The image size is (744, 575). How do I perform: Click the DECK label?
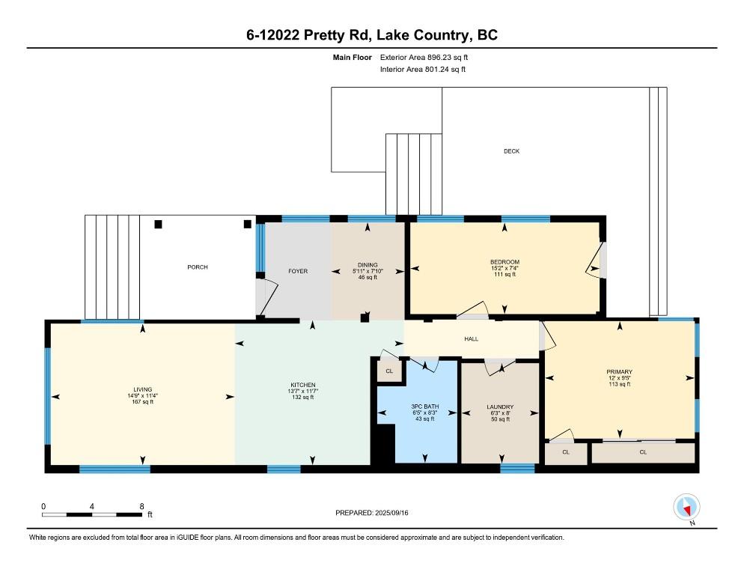(511, 151)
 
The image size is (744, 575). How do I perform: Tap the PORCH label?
(198, 267)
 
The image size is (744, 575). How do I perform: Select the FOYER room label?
(298, 271)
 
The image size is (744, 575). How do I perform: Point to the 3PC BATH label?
(424, 407)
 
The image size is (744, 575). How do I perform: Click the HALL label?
(471, 339)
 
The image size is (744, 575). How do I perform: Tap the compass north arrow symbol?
(686, 507)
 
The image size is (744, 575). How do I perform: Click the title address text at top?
(371, 35)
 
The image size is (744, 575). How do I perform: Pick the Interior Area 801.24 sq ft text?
(423, 70)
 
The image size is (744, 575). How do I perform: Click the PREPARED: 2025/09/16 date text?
(372, 513)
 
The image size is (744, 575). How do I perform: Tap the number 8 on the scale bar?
(141, 506)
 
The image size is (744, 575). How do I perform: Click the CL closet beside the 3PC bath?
(389, 371)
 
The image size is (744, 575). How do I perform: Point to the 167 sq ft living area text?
(143, 402)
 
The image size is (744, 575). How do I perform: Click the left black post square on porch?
(158, 224)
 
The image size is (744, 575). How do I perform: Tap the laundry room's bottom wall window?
(517, 469)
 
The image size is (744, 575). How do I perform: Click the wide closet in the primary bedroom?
(643, 452)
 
